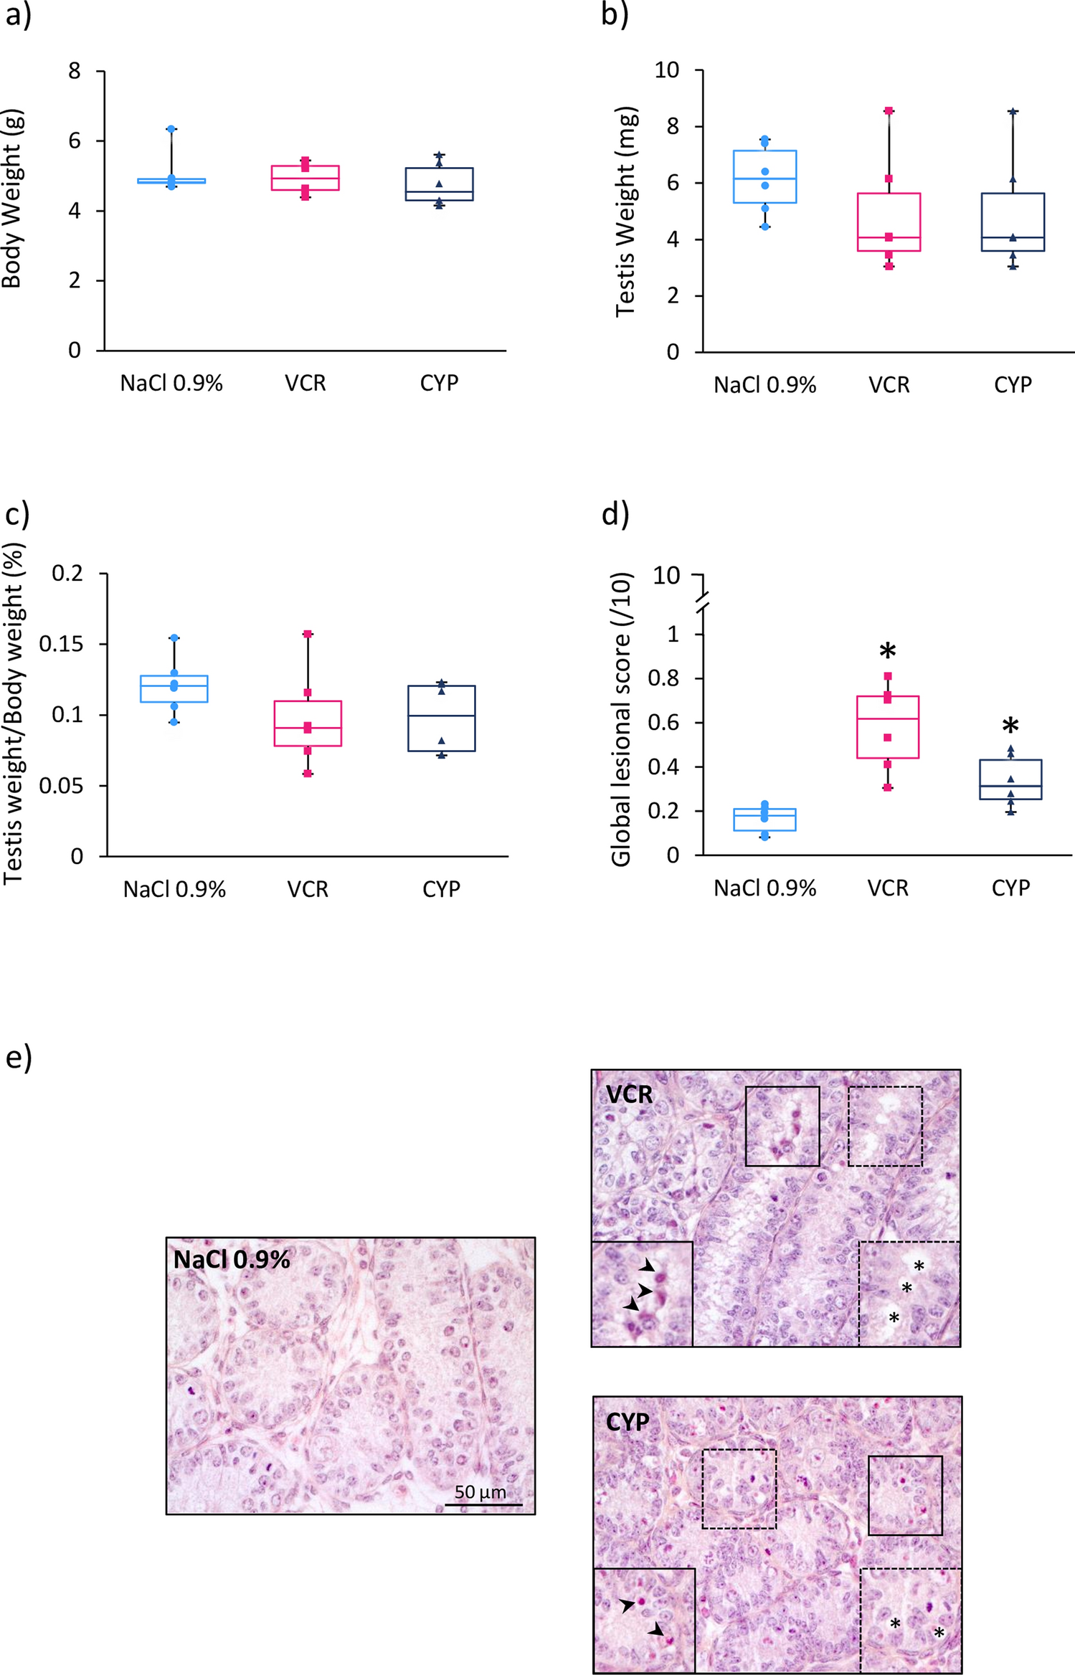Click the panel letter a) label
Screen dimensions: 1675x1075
[x=18, y=16]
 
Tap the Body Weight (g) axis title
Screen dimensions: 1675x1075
[x=12, y=199]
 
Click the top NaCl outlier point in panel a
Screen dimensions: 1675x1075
[x=171, y=129]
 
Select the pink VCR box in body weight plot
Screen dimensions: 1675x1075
[x=306, y=178]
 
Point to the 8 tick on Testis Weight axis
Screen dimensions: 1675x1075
[x=672, y=127]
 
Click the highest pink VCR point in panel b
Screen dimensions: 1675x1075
[x=889, y=111]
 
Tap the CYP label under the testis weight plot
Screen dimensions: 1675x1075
[x=1012, y=385]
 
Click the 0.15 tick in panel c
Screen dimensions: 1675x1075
[x=61, y=644]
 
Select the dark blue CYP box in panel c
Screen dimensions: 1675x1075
[x=441, y=718]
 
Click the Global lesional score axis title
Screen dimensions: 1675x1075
[x=620, y=720]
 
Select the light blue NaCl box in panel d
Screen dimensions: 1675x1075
[x=764, y=820]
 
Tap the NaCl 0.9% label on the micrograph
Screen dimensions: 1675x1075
[x=232, y=1260]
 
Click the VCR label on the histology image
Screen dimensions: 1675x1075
[x=629, y=1095]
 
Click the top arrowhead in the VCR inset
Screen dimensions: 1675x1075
[x=648, y=1266]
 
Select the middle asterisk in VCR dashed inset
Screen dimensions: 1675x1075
[x=906, y=1289]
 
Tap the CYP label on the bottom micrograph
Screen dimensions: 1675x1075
[x=628, y=1423]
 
